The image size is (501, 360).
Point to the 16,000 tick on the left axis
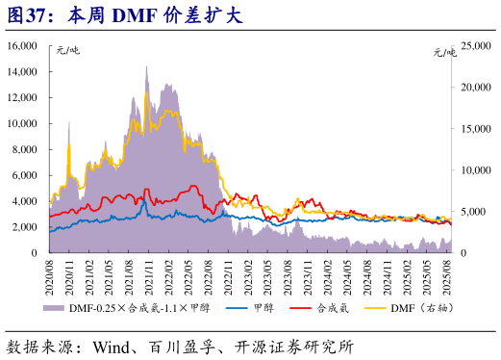click(x=22, y=46)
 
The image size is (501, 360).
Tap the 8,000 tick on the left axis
click(x=25, y=149)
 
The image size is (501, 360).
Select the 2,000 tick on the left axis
click(x=25, y=227)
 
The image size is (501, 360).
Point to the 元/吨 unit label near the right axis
click(x=445, y=52)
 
